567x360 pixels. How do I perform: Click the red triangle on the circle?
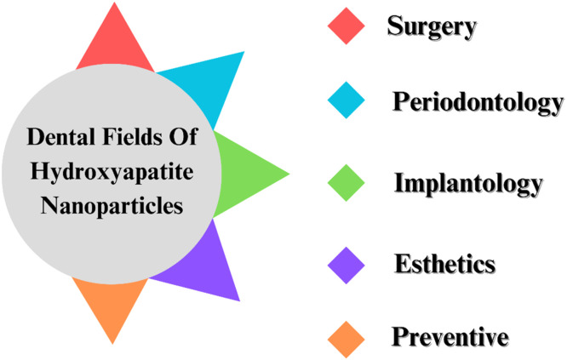pyautogui.click(x=115, y=43)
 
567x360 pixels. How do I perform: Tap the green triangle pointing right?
pyautogui.click(x=246, y=174)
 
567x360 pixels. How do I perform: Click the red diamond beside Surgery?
pyautogui.click(x=346, y=26)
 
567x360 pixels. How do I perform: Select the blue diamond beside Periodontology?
pyautogui.click(x=346, y=100)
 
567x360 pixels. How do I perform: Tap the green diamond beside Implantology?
pyautogui.click(x=346, y=183)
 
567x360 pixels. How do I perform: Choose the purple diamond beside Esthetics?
pyautogui.click(x=346, y=266)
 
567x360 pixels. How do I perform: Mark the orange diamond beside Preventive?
pyautogui.click(x=346, y=340)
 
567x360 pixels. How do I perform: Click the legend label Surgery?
pyautogui.click(x=432, y=26)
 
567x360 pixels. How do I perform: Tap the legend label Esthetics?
pyautogui.click(x=444, y=264)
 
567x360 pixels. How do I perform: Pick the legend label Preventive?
pyautogui.click(x=450, y=337)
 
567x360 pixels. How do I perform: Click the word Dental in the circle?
pyautogui.click(x=60, y=137)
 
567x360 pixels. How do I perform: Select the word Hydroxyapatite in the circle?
pyautogui.click(x=112, y=171)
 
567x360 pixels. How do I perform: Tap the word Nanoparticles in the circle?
pyautogui.click(x=112, y=206)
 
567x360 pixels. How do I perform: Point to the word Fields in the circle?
pyautogui.click(x=132, y=137)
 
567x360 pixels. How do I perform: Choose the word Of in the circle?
pyautogui.click(x=183, y=137)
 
